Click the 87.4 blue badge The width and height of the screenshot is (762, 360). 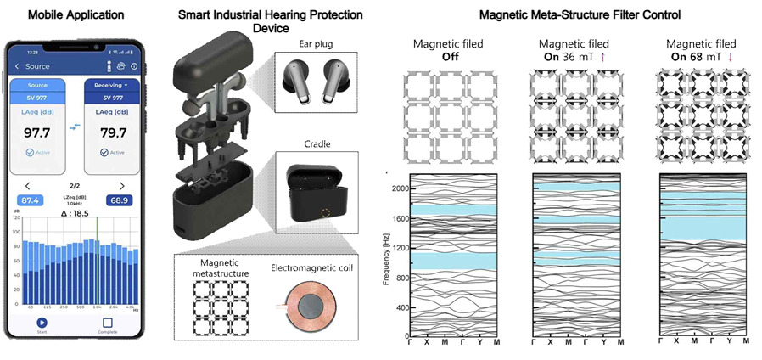(31, 200)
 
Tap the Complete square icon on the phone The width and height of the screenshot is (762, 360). (107, 323)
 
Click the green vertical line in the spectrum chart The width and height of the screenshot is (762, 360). (97, 255)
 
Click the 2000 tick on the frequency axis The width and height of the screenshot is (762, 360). (401, 188)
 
